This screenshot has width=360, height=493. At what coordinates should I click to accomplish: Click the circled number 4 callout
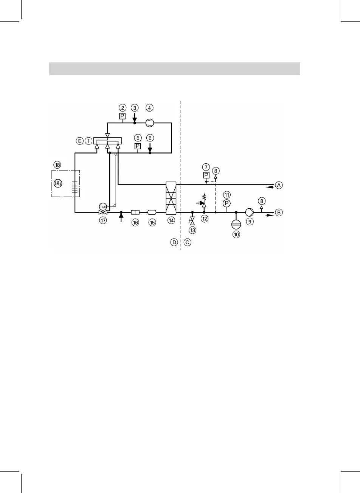(x=150, y=107)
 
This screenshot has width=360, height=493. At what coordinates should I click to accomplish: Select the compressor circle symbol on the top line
(x=150, y=122)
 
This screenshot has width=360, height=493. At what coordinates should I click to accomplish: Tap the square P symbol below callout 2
(x=123, y=116)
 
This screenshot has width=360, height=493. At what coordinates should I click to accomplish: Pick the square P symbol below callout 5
(x=138, y=146)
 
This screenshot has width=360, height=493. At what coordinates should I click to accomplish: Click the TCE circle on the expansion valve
(x=102, y=206)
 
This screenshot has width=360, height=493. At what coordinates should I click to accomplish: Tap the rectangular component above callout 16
(x=135, y=212)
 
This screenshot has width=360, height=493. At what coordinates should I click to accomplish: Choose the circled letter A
(x=279, y=185)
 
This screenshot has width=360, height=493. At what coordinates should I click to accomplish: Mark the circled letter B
(x=279, y=212)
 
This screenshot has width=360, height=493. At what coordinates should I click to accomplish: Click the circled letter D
(x=174, y=242)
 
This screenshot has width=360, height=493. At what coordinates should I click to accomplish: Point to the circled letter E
(x=79, y=141)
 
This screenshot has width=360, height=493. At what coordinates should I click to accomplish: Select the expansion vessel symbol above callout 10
(x=236, y=223)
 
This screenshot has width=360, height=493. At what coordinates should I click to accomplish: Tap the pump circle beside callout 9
(x=250, y=212)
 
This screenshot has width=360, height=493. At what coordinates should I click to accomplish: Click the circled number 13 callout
(x=192, y=230)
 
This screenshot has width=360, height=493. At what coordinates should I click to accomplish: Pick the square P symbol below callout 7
(x=206, y=175)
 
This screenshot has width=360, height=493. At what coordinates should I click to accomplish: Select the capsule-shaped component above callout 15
(x=152, y=212)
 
